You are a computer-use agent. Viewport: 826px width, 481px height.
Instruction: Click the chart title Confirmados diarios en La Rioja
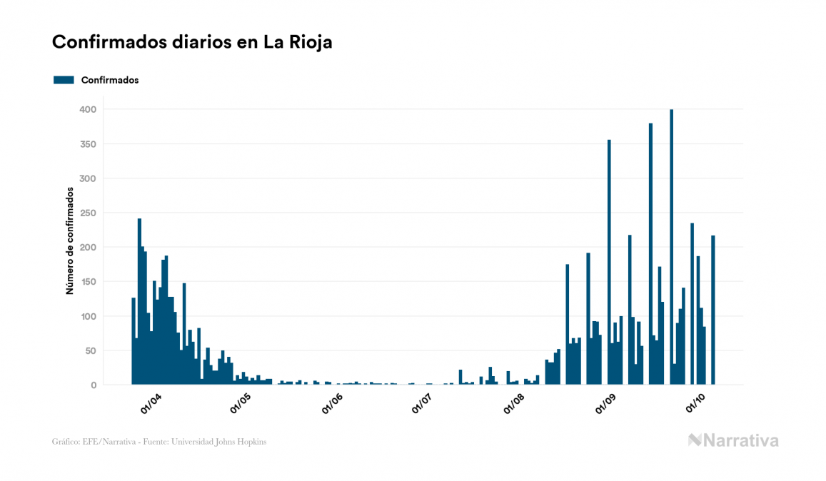192,42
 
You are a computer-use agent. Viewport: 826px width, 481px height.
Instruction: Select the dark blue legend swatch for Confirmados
64,80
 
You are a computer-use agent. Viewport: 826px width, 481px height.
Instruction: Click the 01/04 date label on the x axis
151,403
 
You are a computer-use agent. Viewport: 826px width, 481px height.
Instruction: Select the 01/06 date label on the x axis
333,403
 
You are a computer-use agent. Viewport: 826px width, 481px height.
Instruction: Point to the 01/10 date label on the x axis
696,403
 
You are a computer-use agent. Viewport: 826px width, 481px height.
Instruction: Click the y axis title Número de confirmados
70,241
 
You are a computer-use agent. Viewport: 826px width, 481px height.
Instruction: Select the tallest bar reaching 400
672,247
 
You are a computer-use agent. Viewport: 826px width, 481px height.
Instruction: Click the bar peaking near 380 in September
651,254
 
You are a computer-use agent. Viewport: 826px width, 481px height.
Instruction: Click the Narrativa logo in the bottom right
733,440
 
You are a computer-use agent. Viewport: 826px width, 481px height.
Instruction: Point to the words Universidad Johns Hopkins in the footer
227,442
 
